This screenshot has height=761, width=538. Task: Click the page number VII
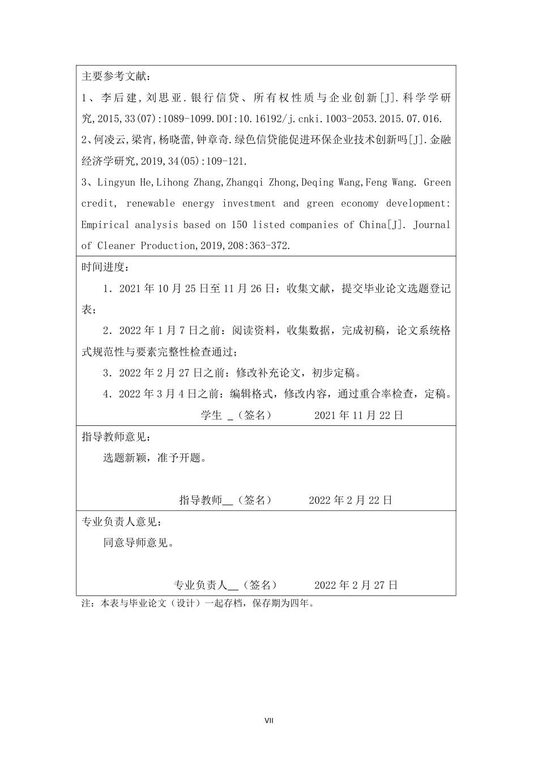269,721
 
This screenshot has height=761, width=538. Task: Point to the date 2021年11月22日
358,415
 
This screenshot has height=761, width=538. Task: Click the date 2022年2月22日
351,500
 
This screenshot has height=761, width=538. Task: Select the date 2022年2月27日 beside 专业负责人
356,585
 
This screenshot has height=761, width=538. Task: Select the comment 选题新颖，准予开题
154,458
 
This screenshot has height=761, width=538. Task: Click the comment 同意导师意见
138,542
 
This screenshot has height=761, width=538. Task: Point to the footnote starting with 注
198,604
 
